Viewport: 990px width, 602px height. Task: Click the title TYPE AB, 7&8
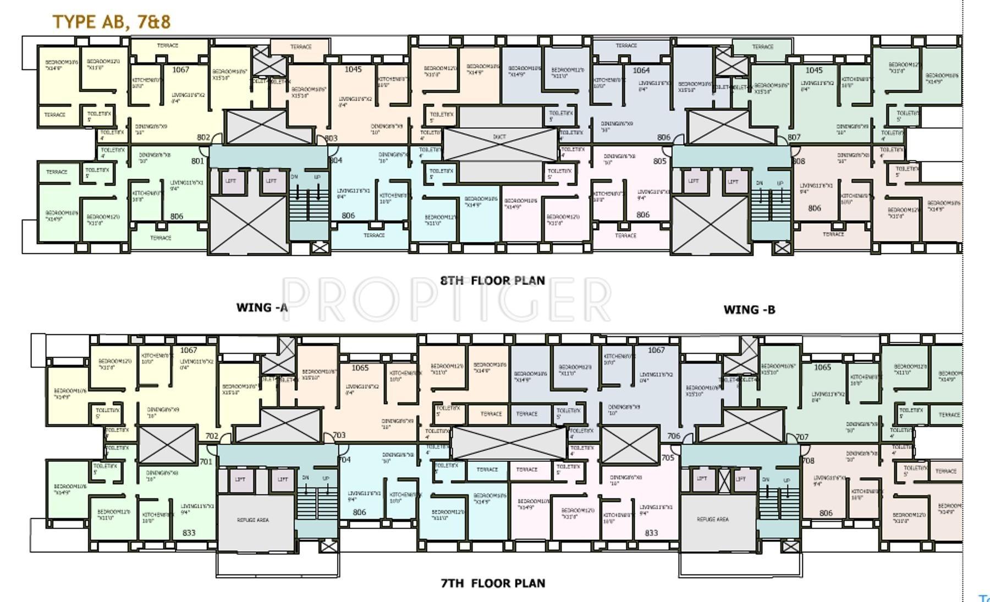pos(111,21)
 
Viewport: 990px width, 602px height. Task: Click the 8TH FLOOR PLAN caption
pos(492,280)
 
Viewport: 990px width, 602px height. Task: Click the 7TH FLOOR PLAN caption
pos(493,583)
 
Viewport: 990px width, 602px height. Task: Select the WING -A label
pos(262,308)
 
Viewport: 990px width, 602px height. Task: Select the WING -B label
pos(749,310)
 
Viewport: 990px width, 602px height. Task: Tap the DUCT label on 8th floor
pos(499,137)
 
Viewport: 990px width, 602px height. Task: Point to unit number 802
pos(204,137)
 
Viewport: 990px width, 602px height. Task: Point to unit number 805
pos(659,161)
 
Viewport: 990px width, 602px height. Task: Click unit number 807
pos(794,137)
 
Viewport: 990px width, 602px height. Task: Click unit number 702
pos(212,436)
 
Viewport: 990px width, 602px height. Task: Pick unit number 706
pos(673,436)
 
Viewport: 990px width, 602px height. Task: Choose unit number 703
pos(339,435)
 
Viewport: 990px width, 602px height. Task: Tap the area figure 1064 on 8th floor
pos(641,70)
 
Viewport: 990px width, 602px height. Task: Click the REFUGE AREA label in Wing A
pos(252,520)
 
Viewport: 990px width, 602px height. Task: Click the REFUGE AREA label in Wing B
pos(713,519)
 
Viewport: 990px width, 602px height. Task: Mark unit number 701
pos(206,462)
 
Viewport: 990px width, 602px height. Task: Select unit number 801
pos(197,161)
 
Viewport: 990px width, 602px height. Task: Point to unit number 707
pos(802,437)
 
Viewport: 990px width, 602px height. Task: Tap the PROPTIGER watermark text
pos(447,300)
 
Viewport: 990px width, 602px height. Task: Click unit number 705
pos(667,458)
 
